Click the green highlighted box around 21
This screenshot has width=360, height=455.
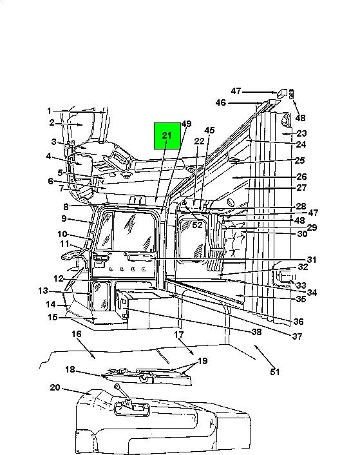click(x=167, y=136)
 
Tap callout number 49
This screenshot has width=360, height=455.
click(x=186, y=124)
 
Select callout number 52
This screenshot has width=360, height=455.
click(x=197, y=225)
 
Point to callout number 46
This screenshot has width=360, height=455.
click(x=221, y=102)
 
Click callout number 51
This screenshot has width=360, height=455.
click(x=275, y=372)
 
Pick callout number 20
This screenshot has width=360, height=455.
click(x=55, y=387)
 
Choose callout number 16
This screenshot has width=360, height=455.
click(x=77, y=334)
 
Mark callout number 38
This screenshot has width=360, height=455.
click(x=256, y=332)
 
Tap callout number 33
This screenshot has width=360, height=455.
click(x=301, y=286)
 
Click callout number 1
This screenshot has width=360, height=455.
click(x=49, y=111)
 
